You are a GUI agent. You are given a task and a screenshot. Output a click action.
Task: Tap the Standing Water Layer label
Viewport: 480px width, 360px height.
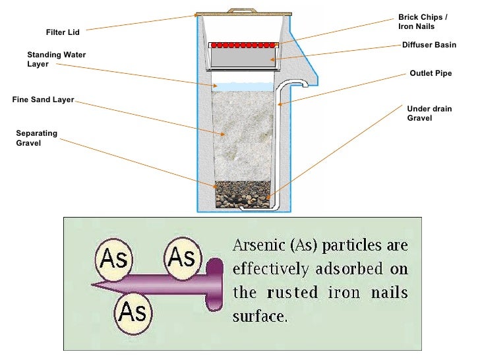click(56, 59)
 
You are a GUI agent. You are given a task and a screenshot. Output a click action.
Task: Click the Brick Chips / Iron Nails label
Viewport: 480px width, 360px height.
click(423, 22)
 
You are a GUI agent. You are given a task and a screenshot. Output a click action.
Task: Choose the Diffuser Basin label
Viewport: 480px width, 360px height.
click(429, 45)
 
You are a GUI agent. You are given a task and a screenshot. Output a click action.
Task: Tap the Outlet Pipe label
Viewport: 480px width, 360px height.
click(431, 73)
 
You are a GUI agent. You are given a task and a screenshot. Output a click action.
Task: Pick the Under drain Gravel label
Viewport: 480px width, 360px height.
click(429, 113)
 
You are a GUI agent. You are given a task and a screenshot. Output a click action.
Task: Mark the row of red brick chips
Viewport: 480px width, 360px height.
click(243, 45)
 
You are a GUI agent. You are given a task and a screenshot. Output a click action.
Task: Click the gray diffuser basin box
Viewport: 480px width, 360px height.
click(243, 59)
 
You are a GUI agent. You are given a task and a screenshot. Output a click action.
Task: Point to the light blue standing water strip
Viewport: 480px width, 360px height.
click(243, 86)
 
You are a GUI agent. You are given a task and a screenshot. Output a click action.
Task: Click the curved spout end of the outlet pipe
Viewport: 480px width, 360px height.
click(305, 83)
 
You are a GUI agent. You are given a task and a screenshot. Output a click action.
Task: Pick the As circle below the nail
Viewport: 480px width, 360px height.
click(133, 311)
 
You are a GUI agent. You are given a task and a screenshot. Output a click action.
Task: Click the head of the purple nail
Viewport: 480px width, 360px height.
click(215, 284)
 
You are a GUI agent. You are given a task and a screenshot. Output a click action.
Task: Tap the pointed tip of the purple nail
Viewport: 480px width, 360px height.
click(96, 285)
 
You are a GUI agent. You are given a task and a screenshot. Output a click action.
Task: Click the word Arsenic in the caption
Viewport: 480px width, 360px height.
click(258, 246)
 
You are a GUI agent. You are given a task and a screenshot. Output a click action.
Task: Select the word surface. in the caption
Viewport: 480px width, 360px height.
click(260, 315)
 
